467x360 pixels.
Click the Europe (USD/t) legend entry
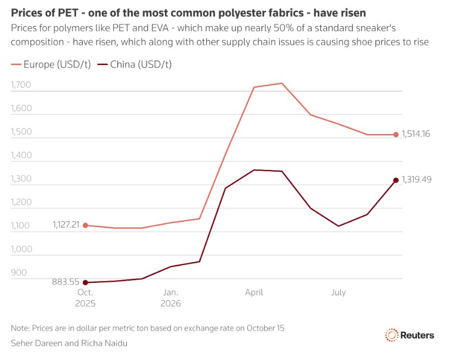pyautogui.click(x=51, y=64)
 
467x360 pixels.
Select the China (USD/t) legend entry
pyautogui.click(x=135, y=64)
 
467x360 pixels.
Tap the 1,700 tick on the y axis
pyautogui.click(x=21, y=85)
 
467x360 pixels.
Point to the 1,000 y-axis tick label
pyautogui.click(x=21, y=249)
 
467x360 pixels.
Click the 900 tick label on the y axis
pyautogui.click(x=19, y=272)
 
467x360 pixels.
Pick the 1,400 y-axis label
pyautogui.click(x=21, y=155)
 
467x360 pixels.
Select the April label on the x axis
pyautogui.click(x=254, y=292)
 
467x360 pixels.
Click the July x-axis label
pyautogui.click(x=338, y=292)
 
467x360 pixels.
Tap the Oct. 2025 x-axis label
pyautogui.click(x=85, y=298)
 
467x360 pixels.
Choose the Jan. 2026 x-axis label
pyautogui.click(x=171, y=298)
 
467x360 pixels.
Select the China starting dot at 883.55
pyautogui.click(x=85, y=283)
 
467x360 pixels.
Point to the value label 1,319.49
pyautogui.click(x=416, y=179)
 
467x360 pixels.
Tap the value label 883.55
pyautogui.click(x=66, y=282)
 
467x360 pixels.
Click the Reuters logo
pyautogui.click(x=410, y=335)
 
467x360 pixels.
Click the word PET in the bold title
pyautogui.click(x=68, y=13)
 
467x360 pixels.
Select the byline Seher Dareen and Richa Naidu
pyautogui.click(x=69, y=343)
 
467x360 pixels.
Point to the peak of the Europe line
pyautogui.click(x=281, y=83)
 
